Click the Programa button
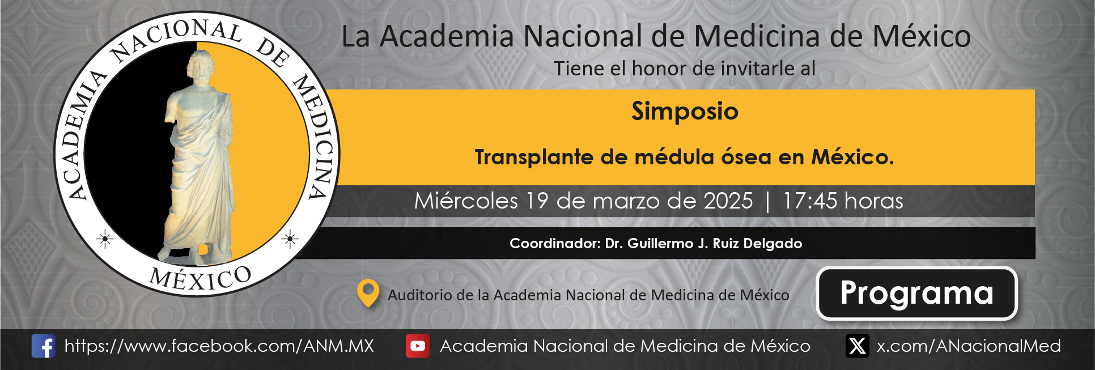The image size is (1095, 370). pos(916,293)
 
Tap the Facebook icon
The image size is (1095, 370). pos(43,346)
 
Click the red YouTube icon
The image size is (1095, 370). pos(418,346)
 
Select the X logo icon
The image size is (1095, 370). pos(857,346)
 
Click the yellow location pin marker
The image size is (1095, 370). pos(368,294)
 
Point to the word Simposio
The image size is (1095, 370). pos(685,112)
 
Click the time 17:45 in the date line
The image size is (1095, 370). pos(810,201)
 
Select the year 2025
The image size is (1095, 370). pos(728,201)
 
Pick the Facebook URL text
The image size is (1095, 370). pos(219,346)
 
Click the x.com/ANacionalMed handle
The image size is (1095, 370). pos(969,346)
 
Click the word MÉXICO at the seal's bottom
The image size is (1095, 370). pos(201,278)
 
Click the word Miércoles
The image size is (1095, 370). pos(466,201)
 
